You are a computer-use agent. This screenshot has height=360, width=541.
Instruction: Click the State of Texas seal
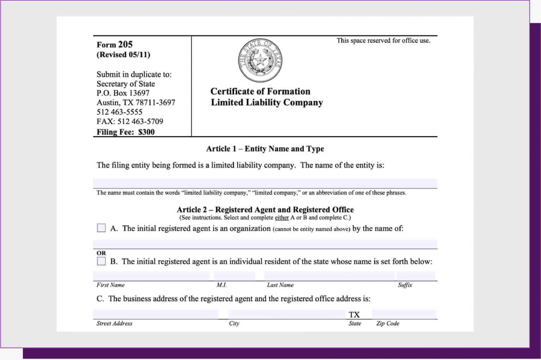260,61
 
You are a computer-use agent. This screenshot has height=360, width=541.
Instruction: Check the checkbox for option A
101,228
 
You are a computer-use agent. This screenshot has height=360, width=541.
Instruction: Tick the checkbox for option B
101,261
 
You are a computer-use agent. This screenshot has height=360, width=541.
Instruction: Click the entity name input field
265,184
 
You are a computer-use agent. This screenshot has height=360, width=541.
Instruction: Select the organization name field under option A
265,244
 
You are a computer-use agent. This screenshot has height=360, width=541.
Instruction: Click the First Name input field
151,276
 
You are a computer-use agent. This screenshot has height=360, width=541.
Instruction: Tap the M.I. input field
234,276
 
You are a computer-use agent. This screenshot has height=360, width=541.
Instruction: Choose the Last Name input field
329,276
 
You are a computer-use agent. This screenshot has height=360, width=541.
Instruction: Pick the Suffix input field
416,276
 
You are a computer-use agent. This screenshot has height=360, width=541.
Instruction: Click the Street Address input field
155,314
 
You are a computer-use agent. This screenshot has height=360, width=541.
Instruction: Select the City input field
287,314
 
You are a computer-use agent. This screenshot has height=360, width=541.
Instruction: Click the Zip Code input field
404,314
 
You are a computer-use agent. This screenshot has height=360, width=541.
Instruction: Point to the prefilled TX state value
354,315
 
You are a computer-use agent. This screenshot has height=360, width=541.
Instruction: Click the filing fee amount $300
147,132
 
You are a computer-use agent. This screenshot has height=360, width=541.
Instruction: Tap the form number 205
125,44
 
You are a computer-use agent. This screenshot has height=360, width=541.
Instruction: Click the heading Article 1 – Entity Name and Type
265,149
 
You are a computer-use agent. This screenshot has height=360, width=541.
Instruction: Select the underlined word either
282,218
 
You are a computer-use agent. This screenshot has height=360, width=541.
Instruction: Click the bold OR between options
101,253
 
